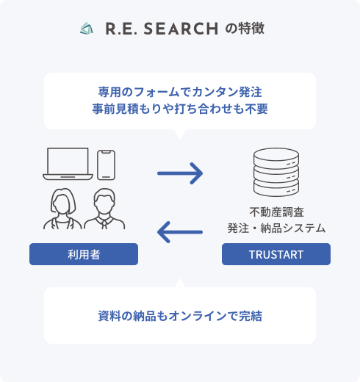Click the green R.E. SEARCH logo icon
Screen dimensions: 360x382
[87, 29]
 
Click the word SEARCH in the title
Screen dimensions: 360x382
[181, 29]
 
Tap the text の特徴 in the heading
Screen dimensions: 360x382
[245, 28]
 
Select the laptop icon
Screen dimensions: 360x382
[68, 164]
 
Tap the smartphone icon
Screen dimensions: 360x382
[106, 165]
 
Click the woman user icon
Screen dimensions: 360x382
[62, 209]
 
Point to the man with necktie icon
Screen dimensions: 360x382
[104, 209]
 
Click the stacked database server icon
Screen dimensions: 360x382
[276, 172]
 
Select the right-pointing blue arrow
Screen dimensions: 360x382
[180, 173]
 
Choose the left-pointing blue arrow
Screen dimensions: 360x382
[180, 232]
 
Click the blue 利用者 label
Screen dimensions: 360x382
[84, 254]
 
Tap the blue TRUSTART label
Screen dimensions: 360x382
[276, 254]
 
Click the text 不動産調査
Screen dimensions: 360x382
[277, 212]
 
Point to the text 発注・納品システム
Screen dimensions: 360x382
[276, 228]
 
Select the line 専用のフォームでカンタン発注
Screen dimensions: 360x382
[180, 92]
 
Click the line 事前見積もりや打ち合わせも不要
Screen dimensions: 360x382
[180, 109]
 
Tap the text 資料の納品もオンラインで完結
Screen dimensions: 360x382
[180, 316]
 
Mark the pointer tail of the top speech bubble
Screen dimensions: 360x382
[180, 140]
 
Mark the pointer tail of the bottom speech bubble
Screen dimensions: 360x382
[180, 278]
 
